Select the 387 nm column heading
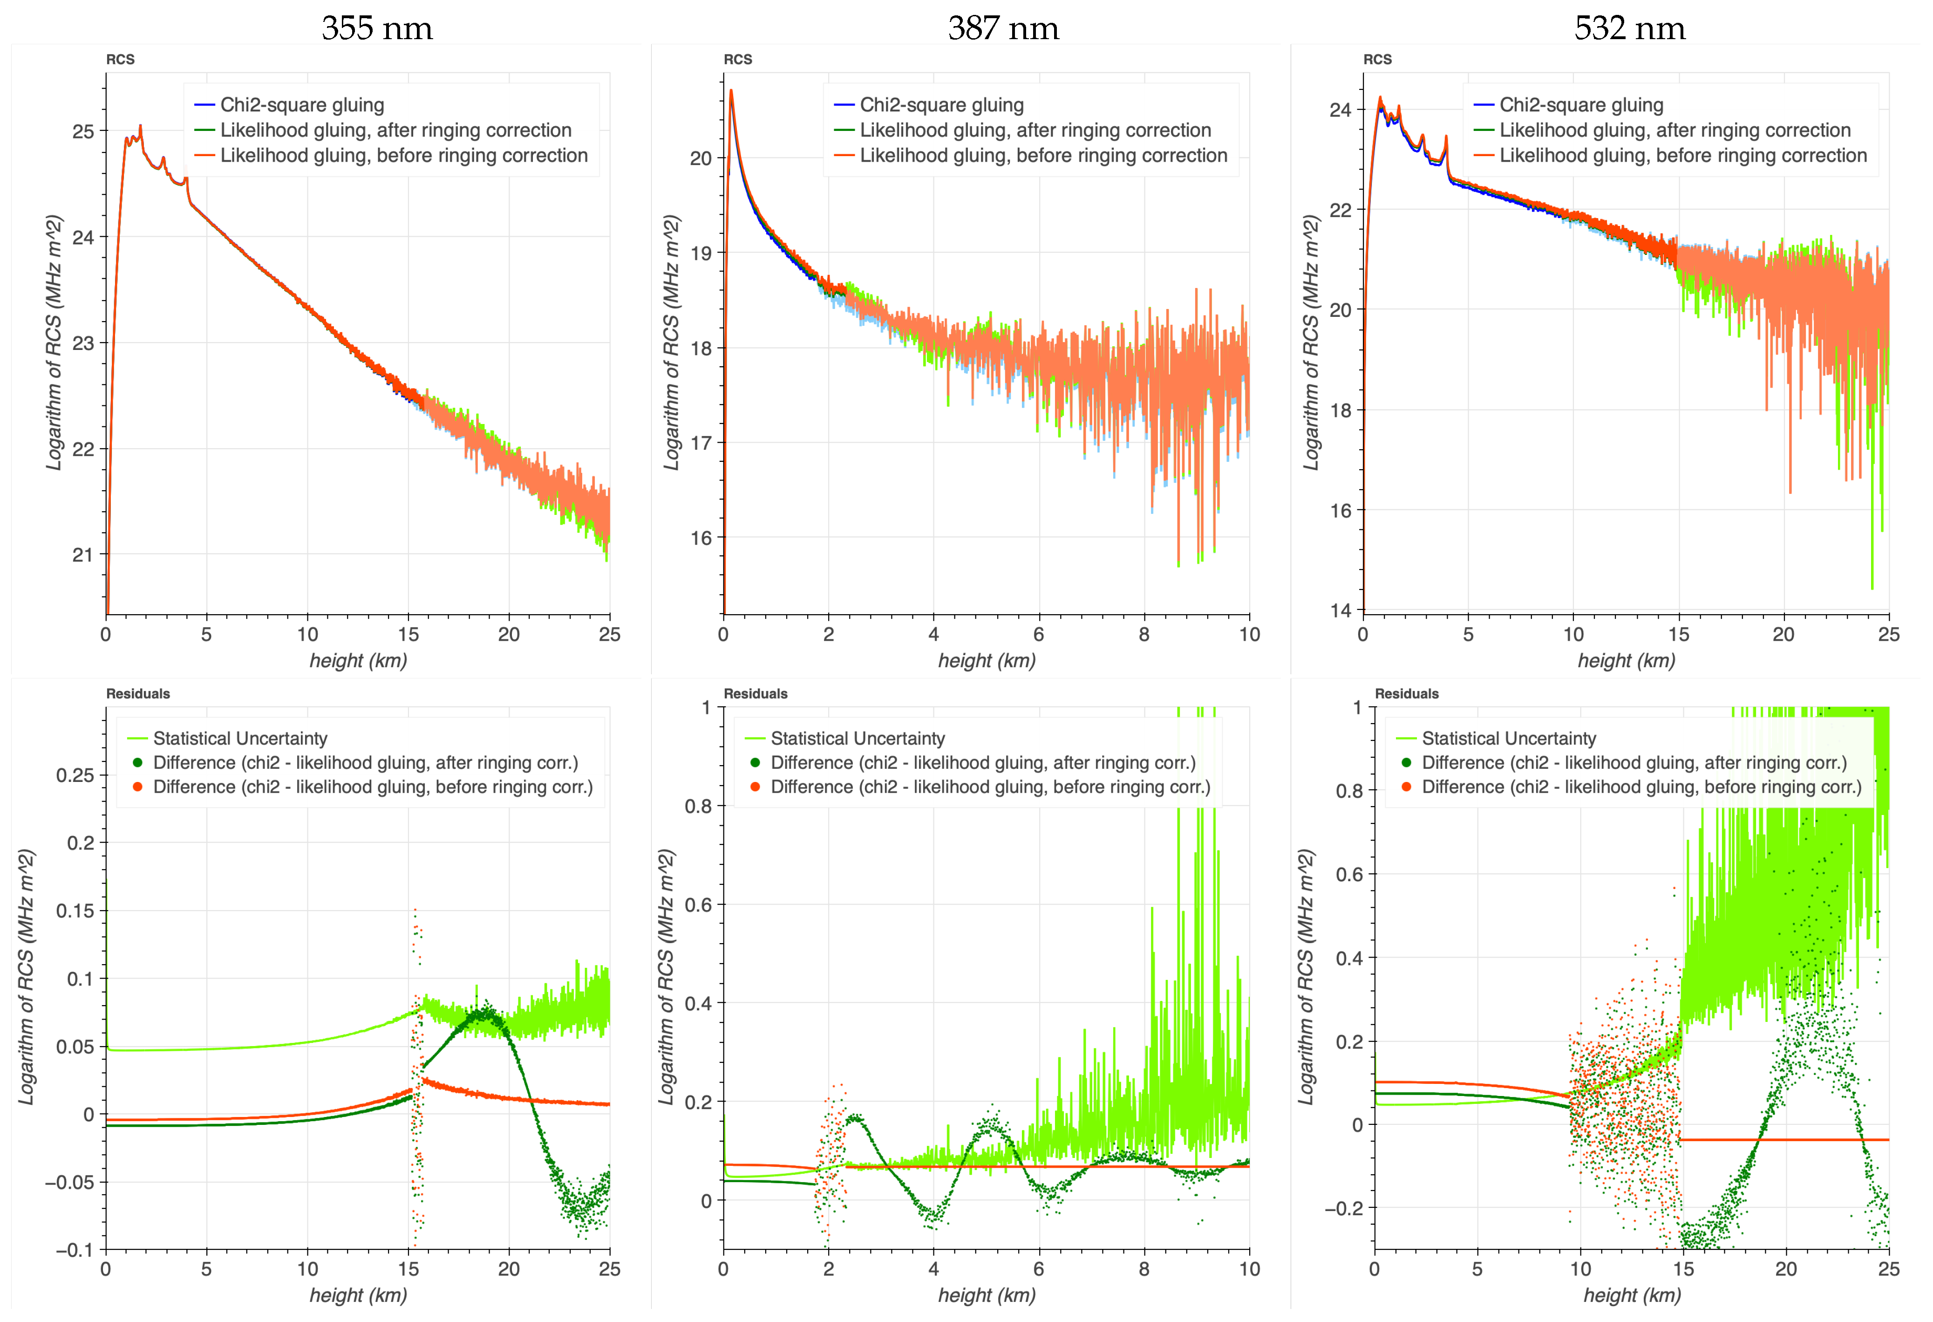[x=1003, y=28]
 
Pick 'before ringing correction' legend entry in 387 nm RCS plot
[x=1042, y=156]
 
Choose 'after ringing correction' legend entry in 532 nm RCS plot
[x=1674, y=130]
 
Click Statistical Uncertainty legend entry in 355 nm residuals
[x=239, y=739]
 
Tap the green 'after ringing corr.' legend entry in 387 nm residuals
[x=982, y=763]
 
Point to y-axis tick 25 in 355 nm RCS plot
[x=83, y=131]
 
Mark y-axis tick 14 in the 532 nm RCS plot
[x=1341, y=610]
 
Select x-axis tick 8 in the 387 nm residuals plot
[x=1143, y=1269]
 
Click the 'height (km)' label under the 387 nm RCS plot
[x=987, y=661]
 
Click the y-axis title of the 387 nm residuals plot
[x=666, y=978]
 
